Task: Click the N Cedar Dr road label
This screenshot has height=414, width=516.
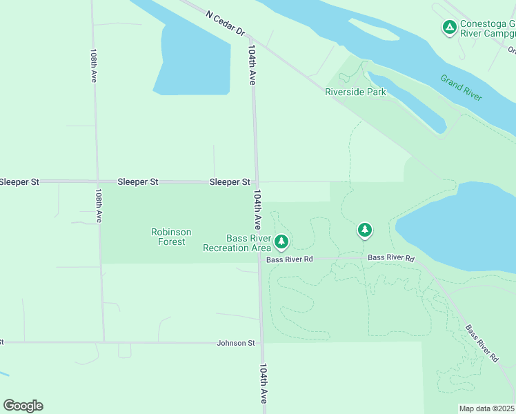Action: pos(226,23)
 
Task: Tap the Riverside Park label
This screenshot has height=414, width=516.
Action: pos(355,92)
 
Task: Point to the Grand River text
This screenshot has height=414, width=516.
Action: pos(461,88)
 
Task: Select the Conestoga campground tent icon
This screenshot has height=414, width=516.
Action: pos(449,28)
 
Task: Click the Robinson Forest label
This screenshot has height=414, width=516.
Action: pos(171,237)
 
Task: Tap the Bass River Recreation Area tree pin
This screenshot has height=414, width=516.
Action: pos(281,241)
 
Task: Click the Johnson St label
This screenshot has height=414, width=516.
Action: pos(236,342)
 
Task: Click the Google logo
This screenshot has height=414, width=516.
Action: pos(23,406)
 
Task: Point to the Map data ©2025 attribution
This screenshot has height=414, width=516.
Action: pos(487,408)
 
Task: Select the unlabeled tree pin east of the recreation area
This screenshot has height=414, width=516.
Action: pos(364,230)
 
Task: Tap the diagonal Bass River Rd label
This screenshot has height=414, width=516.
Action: pos(482,344)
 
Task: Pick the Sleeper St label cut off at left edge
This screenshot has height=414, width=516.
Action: pos(19,181)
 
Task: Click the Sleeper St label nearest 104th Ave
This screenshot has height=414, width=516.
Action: pos(229,181)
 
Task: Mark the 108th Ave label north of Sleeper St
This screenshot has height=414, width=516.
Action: pos(93,66)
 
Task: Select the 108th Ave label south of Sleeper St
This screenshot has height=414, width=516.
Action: pos(99,206)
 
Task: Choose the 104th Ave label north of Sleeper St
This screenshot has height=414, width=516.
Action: pos(252,66)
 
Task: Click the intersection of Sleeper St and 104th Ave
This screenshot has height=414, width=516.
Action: pos(256,182)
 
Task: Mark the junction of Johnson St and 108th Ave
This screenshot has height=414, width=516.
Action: pos(103,342)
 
